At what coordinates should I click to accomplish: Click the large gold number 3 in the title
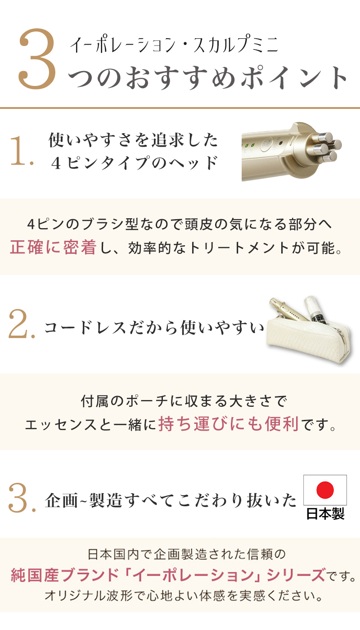click(x=38, y=60)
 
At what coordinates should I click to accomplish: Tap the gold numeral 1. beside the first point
click(x=20, y=151)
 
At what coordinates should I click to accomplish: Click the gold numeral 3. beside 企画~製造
click(x=21, y=498)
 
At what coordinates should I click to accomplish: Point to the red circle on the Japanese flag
click(x=325, y=490)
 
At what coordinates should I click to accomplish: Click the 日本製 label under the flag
click(x=325, y=514)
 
